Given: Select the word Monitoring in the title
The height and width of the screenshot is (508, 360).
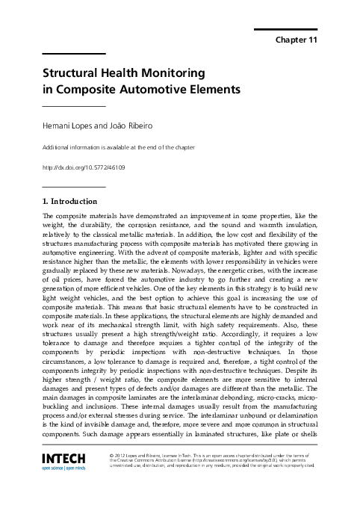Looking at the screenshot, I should (x=167, y=75).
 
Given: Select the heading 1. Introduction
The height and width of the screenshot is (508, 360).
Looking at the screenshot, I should (x=70, y=201).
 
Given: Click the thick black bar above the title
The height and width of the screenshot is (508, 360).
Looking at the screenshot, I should (x=73, y=53).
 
